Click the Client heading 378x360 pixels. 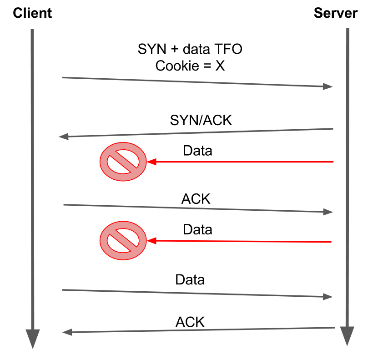[x=32, y=13]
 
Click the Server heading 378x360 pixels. [x=336, y=13]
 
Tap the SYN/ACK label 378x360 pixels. [x=201, y=120]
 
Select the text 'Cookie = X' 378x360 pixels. [x=190, y=66]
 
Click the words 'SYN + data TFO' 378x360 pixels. [x=190, y=49]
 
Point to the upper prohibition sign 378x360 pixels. [x=123, y=161]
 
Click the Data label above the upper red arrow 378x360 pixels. [x=197, y=151]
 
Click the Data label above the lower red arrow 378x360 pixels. [x=197, y=229]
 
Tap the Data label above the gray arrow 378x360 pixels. [x=190, y=279]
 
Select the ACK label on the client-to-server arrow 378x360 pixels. [x=196, y=199]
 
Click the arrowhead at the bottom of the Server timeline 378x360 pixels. [x=347, y=336]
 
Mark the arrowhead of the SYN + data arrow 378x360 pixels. [x=328, y=86]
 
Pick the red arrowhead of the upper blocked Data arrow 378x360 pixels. [x=151, y=161]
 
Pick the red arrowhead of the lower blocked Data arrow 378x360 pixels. [x=151, y=240]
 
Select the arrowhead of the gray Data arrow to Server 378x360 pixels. [x=328, y=297]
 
